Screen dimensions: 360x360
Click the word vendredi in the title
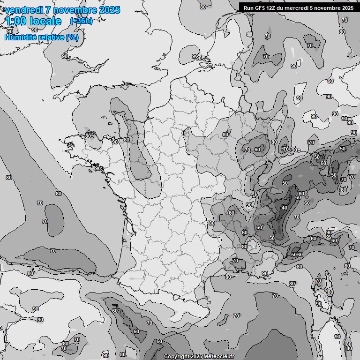point(23,10)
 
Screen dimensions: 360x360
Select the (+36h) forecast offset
point(81,21)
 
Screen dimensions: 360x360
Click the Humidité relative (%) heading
point(41,37)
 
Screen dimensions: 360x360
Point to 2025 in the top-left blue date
point(107,10)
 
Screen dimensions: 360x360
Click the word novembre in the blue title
point(72,10)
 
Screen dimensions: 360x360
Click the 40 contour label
point(284,208)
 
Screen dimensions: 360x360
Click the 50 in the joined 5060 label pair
point(293,255)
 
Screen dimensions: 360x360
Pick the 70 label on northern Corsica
point(318,281)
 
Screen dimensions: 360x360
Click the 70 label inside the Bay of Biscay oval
point(45,221)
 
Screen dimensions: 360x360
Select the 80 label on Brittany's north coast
point(88,136)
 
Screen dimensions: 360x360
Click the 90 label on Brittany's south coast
point(98,168)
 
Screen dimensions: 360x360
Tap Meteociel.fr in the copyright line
point(221,356)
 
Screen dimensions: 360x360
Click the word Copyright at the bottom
point(177,356)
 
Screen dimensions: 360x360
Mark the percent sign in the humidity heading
point(72,37)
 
